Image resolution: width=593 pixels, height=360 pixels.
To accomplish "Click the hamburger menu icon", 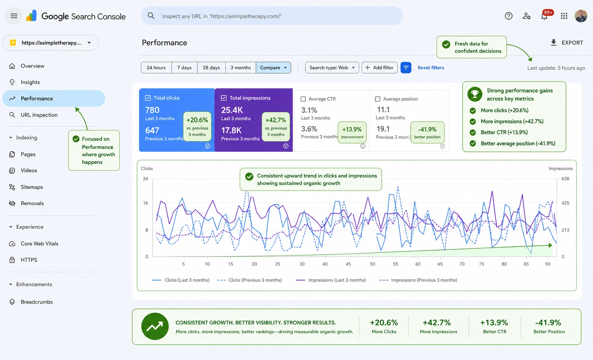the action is point(14,16).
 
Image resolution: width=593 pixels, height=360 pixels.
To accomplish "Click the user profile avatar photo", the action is point(581,16).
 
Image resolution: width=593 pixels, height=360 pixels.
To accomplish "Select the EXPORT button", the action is point(566,43).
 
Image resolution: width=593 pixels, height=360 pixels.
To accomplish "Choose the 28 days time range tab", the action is point(211,67).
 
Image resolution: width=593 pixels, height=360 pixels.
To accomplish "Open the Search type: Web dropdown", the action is point(332,67).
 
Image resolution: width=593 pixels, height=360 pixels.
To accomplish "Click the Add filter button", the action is point(379,67).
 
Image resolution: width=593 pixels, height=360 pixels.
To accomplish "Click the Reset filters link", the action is point(431,67).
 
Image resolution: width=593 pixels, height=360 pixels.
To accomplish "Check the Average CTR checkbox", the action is point(303,99).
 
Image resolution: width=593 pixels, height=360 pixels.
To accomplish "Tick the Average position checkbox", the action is point(378,99).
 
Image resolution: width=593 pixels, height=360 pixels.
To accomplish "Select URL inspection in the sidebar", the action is point(39,115).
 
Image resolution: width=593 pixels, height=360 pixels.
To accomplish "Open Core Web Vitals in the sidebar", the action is point(39,244).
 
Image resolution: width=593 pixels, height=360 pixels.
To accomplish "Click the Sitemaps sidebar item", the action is point(32,187).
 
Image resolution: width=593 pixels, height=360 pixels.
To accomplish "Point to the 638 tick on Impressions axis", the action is point(565,179).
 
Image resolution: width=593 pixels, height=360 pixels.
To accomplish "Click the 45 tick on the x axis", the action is point(348,264).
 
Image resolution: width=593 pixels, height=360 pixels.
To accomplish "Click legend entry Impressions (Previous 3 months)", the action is point(418,280).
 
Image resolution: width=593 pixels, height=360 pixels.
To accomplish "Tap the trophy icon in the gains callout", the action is point(475,94).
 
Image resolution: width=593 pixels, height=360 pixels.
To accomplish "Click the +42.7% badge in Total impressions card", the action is point(276,127).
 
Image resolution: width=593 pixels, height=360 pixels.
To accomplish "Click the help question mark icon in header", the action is point(508,16).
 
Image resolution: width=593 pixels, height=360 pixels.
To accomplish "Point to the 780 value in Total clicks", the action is point(152,110).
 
